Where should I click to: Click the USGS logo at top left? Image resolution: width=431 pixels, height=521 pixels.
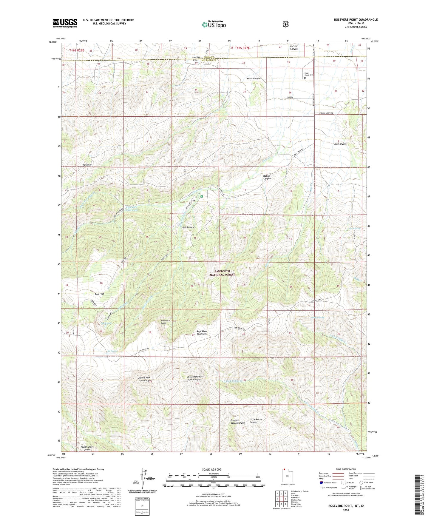point(65,23)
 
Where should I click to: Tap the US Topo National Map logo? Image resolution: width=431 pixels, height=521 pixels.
point(213,24)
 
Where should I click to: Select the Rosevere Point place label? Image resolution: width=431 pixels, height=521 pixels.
point(165,322)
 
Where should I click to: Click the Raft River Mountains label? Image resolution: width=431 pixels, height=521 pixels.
point(202,332)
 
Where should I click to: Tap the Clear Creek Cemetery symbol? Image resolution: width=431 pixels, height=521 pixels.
point(305,78)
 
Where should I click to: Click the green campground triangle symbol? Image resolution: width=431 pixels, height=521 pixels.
point(202,196)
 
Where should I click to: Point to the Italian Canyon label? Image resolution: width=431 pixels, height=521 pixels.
point(267,177)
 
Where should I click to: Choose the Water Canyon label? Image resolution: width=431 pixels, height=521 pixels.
point(253,78)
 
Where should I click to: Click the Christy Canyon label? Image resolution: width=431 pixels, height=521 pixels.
point(293,47)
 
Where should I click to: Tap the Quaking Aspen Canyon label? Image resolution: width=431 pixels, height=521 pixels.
point(237,421)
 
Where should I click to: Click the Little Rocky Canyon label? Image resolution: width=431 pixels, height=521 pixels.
point(256,421)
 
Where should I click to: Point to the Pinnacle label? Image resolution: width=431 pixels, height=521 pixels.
point(87,165)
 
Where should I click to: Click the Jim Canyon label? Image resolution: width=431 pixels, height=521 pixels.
point(340,144)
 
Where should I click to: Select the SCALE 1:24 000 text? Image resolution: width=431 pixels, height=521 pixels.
point(211,469)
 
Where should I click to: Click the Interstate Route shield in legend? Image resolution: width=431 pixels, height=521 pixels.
point(321,482)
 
